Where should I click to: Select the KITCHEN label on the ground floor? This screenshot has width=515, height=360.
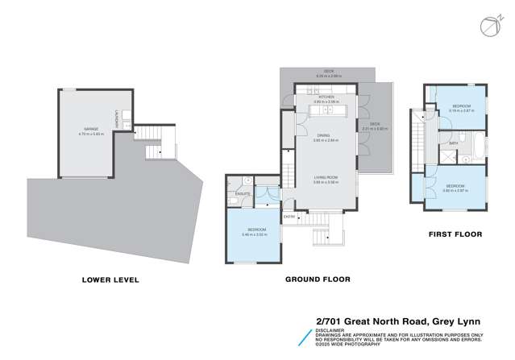coord(326,96)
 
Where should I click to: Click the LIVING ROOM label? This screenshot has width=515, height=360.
coord(326,180)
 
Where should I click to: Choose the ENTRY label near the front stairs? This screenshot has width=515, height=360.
coord(289,216)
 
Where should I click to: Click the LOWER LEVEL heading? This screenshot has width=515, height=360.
coord(110,280)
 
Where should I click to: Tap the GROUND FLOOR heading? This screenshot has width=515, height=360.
coord(318,280)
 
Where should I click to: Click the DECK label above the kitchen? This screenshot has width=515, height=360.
coord(328,71)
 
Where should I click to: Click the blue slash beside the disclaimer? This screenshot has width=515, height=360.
coord(304,337)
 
